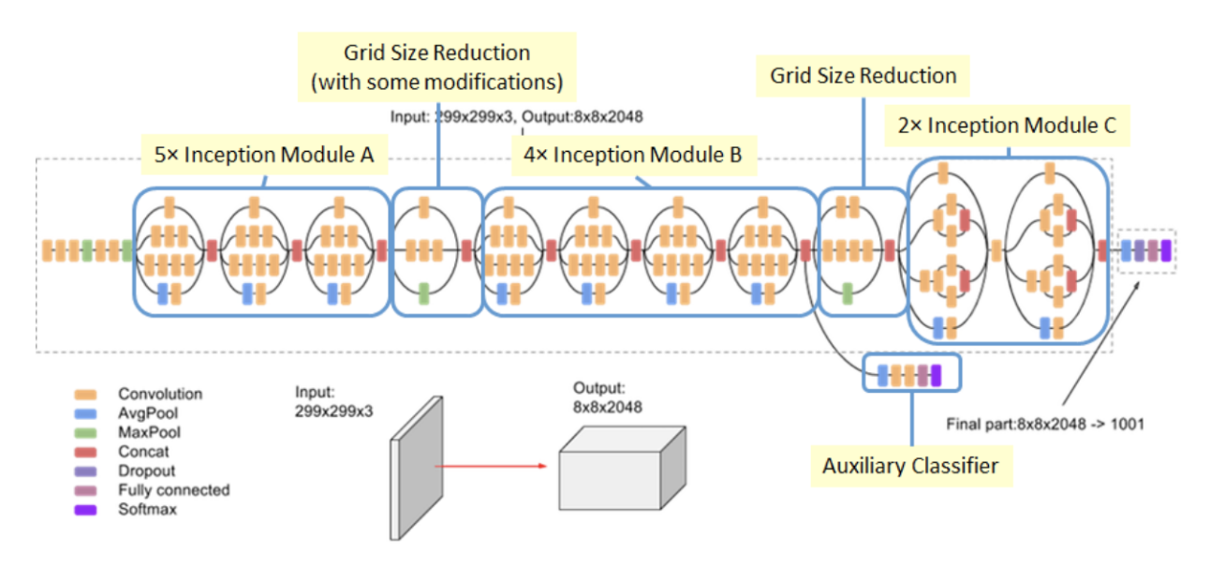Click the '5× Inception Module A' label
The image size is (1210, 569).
[263, 156]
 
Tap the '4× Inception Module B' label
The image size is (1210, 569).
[634, 156]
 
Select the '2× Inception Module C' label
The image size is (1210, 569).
[1007, 126]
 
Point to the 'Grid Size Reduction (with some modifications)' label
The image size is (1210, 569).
[436, 67]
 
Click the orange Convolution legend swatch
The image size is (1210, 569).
[87, 395]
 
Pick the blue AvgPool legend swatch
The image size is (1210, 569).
[87, 413]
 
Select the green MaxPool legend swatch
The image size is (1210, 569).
[87, 433]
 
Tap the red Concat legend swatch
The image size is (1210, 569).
[87, 452]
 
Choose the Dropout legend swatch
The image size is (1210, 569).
[87, 472]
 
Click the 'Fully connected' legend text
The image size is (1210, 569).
[173, 490]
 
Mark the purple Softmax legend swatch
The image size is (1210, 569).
[87, 510]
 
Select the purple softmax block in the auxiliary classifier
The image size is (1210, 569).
[935, 376]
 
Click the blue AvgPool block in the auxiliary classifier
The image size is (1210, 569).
[882, 376]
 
